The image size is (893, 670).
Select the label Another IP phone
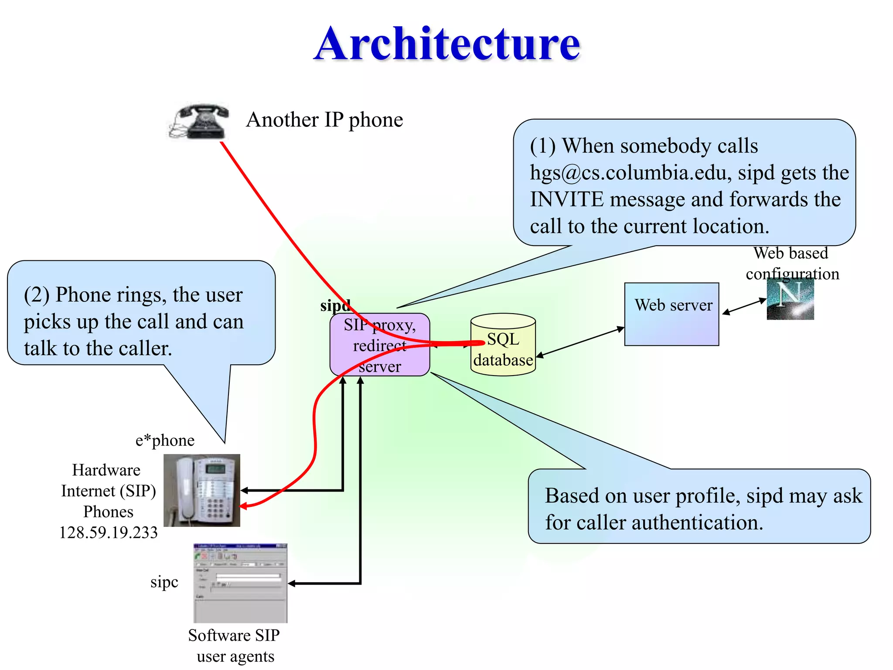(x=324, y=120)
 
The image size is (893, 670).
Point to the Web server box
(x=671, y=314)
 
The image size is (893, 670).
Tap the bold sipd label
(x=334, y=305)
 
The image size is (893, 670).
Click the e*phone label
(x=165, y=441)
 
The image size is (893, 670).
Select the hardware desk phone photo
(x=201, y=490)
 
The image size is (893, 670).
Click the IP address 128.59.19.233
(x=108, y=533)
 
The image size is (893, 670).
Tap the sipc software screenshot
(x=240, y=583)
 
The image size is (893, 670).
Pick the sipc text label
(x=164, y=582)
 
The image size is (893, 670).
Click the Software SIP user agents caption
(x=234, y=646)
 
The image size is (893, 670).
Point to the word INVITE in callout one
(x=566, y=200)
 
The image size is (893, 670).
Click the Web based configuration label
(x=791, y=263)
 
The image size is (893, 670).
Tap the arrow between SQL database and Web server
(x=580, y=342)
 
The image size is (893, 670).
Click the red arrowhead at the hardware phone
(x=243, y=506)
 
